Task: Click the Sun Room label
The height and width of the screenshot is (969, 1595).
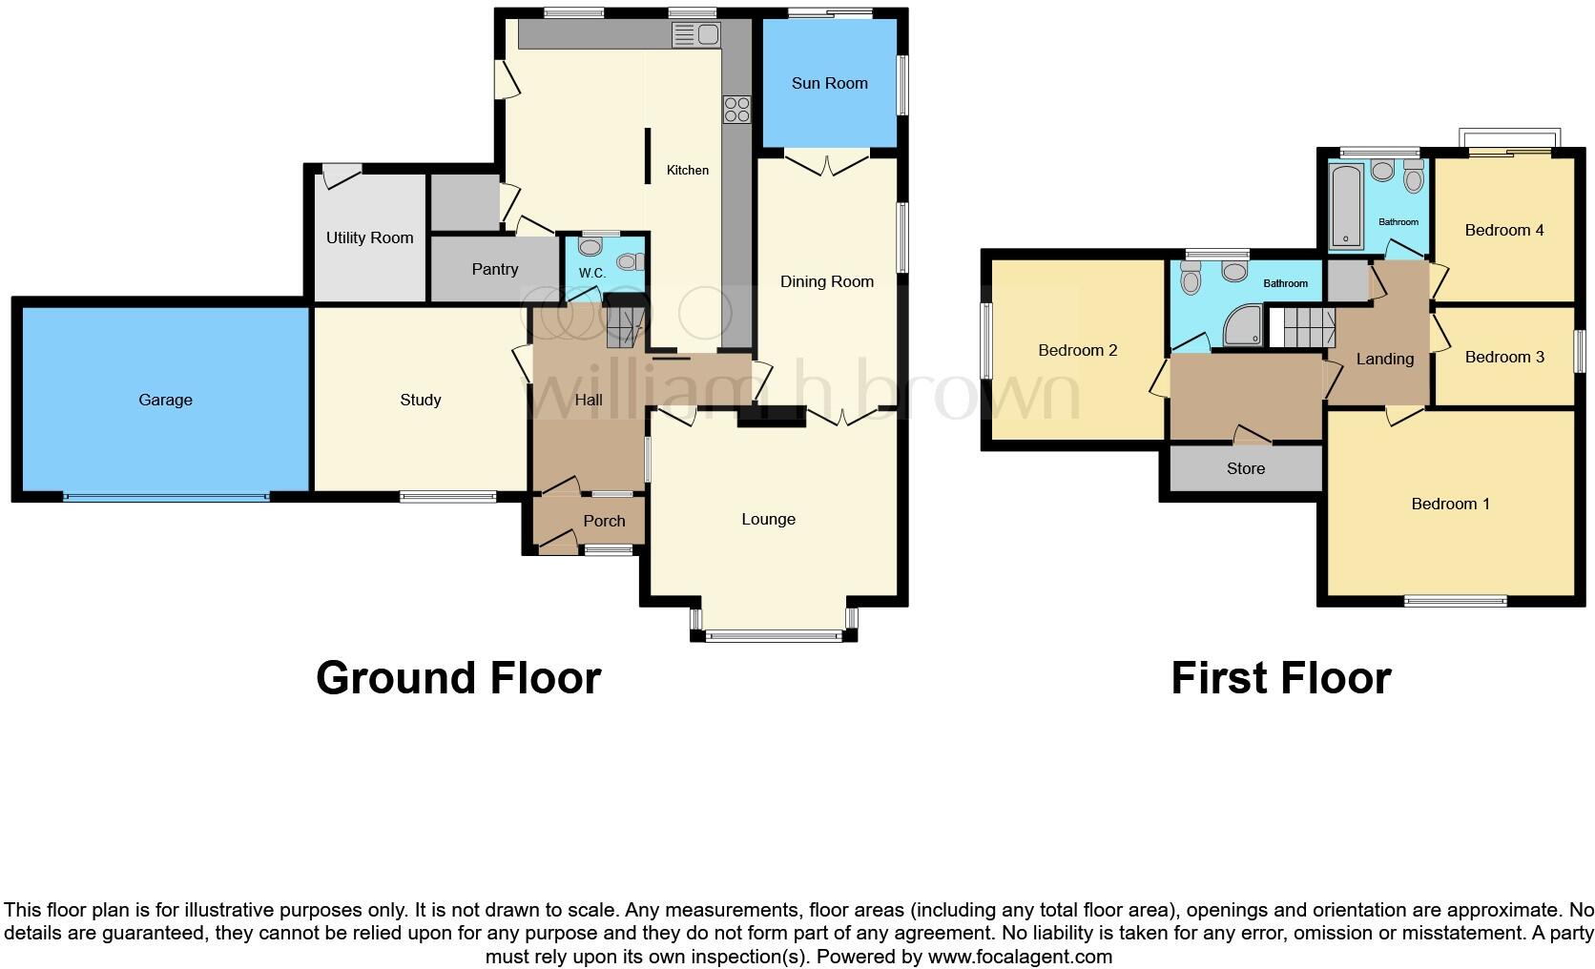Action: click(829, 83)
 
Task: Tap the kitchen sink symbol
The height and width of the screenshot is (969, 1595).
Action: click(695, 36)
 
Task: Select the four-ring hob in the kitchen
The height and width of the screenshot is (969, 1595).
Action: click(735, 110)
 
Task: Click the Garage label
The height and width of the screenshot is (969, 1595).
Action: click(165, 400)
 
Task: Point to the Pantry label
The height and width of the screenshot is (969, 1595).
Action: click(494, 270)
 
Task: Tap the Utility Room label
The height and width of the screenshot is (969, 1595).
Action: click(369, 237)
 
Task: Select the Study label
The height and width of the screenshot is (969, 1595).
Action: click(420, 400)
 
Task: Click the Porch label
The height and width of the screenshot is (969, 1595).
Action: click(604, 521)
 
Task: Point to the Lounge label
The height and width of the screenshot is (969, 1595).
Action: click(768, 519)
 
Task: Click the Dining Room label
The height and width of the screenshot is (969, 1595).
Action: click(826, 281)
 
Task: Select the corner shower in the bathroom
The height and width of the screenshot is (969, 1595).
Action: click(1246, 325)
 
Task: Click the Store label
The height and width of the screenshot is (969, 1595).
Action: click(1245, 468)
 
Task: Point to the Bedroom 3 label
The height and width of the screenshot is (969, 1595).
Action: click(1503, 357)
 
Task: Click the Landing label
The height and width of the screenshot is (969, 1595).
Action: click(1384, 359)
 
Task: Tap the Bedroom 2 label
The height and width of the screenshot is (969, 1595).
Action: click(1077, 350)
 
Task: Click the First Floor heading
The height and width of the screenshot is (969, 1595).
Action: click(1280, 678)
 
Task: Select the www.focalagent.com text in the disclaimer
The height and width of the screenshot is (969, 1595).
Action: click(1020, 956)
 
